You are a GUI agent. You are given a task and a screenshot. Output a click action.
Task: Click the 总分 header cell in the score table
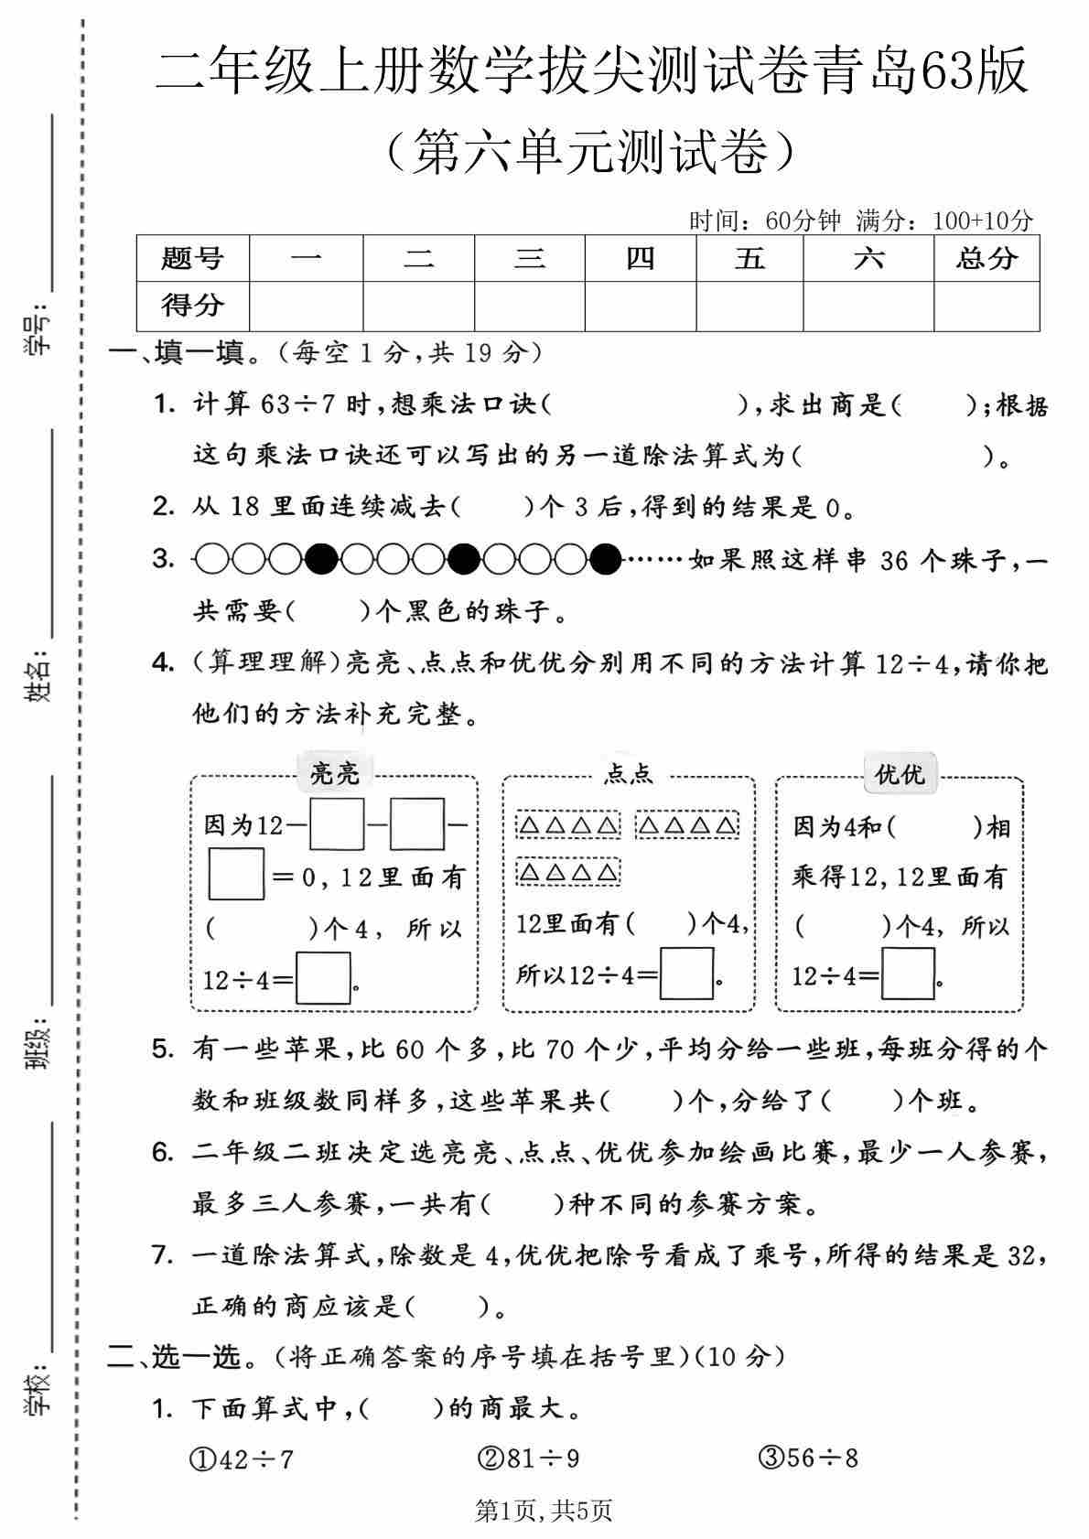[x=987, y=258]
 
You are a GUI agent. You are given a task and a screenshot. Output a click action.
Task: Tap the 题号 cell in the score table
[x=192, y=258]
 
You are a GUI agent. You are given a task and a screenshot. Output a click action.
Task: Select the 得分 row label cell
[x=192, y=305]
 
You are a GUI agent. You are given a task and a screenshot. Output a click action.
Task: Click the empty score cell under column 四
[x=640, y=306]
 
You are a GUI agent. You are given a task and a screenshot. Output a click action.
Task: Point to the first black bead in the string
[x=321, y=558]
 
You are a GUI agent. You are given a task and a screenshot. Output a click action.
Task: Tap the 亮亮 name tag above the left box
[x=335, y=774]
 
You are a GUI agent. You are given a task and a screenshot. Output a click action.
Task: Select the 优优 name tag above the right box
[x=900, y=775]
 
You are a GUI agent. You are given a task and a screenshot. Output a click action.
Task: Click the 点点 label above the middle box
[x=629, y=775]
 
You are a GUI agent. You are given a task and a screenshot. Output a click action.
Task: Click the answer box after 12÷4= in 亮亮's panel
[x=323, y=978]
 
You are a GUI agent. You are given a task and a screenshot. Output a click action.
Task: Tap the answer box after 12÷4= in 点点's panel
[x=686, y=974]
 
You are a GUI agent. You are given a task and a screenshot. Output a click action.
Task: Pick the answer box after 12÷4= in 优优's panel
[x=908, y=974]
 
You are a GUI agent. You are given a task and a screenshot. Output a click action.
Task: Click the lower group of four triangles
[x=568, y=872]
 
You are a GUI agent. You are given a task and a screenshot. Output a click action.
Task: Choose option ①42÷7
[x=242, y=1458]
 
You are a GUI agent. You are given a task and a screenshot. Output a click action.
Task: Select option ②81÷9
[x=529, y=1458]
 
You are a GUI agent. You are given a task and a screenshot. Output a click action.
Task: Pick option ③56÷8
[x=809, y=1457]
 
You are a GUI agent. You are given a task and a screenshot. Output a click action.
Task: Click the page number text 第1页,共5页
[x=544, y=1512]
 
